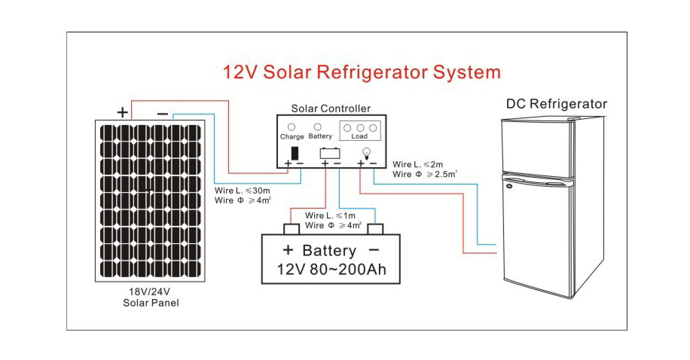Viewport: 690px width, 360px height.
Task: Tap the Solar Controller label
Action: (330, 109)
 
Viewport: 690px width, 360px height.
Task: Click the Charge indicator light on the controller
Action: (292, 127)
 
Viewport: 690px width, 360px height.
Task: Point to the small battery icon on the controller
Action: (329, 153)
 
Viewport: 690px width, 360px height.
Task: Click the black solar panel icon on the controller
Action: (294, 153)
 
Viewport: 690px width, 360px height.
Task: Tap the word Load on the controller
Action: (359, 137)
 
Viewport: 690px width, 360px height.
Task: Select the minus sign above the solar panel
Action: (162, 113)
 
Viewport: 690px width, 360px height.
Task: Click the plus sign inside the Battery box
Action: (287, 250)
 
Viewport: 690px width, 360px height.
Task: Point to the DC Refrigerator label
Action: (556, 104)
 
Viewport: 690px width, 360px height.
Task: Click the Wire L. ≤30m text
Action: (237, 190)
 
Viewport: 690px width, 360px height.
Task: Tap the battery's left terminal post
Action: (291, 229)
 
